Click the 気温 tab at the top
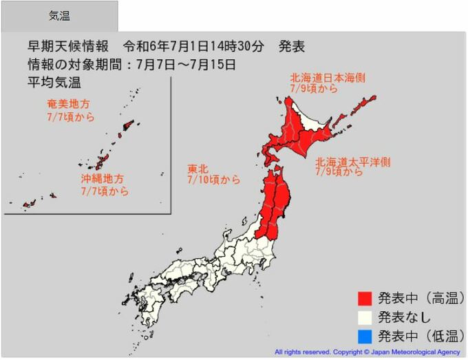tap(59, 16)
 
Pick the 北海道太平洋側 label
tap(352, 162)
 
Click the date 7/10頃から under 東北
tap(213, 180)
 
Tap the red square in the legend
tap(365, 299)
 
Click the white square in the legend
tap(365, 317)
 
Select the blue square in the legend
tap(365, 337)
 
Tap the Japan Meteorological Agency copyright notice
tap(367, 352)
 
